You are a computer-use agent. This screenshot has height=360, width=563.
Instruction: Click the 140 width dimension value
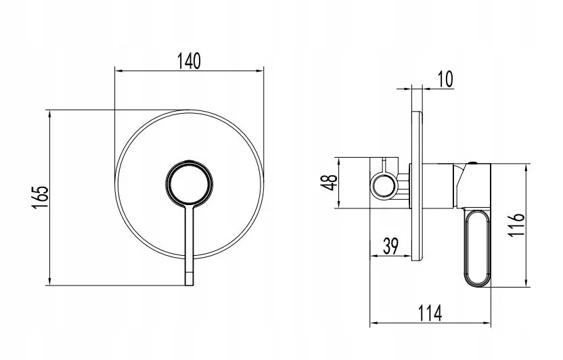[x=190, y=60]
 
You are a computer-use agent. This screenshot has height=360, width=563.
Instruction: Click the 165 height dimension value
[x=41, y=197]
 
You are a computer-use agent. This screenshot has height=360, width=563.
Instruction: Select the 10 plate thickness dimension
[x=445, y=78]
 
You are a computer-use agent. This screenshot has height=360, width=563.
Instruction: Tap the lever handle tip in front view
[x=189, y=279]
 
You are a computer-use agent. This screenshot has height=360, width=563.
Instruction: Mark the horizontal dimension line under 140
[x=190, y=70]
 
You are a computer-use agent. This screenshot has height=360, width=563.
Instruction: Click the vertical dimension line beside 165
[x=51, y=197]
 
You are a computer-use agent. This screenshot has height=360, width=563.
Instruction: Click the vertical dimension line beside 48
[x=338, y=183]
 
